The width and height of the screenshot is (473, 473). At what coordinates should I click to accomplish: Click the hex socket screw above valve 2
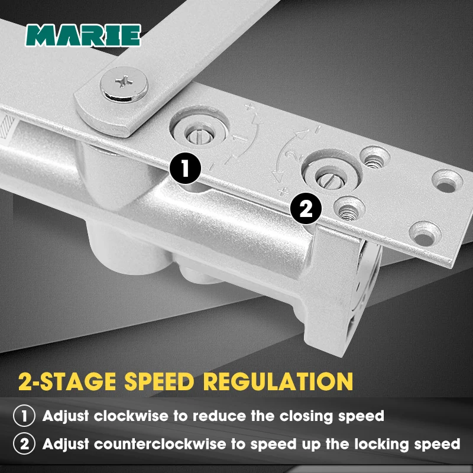(374, 157)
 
